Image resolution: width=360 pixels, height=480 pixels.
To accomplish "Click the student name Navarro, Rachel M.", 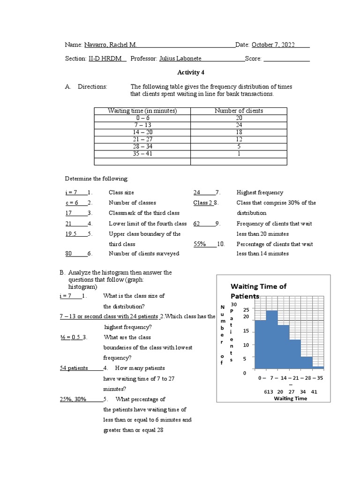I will click(x=110, y=45).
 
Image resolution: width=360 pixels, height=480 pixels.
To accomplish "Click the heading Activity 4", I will click(x=190, y=73).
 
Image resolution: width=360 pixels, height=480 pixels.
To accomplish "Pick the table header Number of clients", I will click(x=239, y=111).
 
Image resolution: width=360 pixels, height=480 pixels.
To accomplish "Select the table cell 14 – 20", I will click(x=142, y=133).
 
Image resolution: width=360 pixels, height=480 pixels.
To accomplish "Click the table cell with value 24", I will click(x=239, y=125).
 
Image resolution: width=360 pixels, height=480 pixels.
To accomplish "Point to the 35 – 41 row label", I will click(x=142, y=153).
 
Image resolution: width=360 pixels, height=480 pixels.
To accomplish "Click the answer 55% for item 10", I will click(x=200, y=244).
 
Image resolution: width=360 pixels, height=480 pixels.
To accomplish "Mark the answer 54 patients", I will click(x=74, y=368).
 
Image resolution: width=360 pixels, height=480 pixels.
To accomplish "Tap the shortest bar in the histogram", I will click(x=318, y=368).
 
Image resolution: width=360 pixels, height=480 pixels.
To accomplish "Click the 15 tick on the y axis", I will click(x=246, y=331).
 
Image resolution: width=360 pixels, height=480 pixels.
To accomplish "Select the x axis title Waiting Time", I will click(x=291, y=398).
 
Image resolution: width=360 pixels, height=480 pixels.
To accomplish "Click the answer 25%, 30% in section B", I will click(x=73, y=399).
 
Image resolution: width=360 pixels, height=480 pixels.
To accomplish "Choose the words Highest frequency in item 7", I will click(x=260, y=192).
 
